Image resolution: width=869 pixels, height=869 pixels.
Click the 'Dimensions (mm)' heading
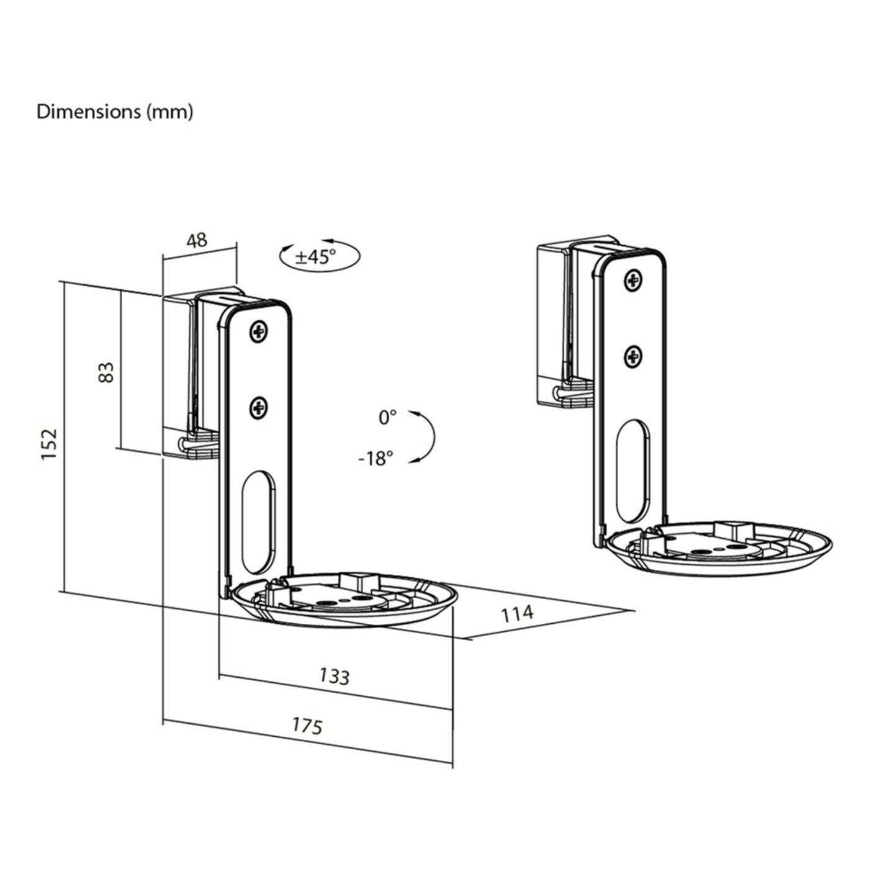click(115, 112)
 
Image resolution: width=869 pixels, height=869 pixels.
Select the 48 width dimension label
click(197, 240)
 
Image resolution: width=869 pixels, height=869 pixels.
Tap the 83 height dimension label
click(107, 372)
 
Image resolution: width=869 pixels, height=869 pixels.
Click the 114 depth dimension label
click(517, 613)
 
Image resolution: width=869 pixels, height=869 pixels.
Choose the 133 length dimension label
click(335, 676)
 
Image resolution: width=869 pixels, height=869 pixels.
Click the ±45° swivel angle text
click(315, 256)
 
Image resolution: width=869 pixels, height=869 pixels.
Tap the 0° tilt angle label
click(387, 417)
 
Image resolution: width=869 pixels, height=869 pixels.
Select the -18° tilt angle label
click(376, 459)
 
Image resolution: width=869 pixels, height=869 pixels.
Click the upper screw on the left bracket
click(259, 333)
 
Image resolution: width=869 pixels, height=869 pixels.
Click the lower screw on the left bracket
click(259, 408)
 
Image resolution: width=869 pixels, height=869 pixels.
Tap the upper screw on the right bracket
click(633, 281)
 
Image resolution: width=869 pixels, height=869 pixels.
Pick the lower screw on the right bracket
click(633, 356)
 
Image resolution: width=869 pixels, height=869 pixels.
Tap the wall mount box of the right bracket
click(552, 323)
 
